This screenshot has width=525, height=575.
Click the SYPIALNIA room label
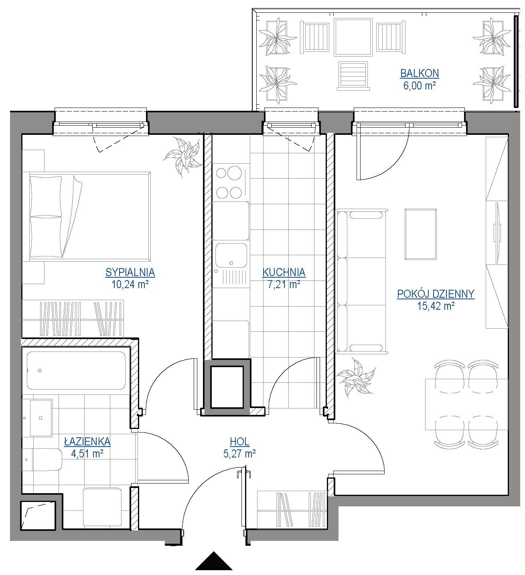coord(130,272)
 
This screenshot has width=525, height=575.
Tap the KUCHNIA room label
coord(284,272)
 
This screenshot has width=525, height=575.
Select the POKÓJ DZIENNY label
coord(436,294)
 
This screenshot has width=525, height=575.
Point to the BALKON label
coord(419,73)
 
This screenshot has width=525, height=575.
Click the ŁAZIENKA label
coord(87,441)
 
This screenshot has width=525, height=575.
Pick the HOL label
coord(239,442)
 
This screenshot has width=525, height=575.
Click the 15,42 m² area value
coord(436,307)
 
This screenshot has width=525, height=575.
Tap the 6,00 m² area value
coord(419,86)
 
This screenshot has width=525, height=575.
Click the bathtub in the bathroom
coord(76,370)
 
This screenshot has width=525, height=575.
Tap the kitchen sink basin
coord(231,254)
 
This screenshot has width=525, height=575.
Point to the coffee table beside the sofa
coord(420,234)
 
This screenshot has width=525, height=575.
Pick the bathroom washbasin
coord(41,418)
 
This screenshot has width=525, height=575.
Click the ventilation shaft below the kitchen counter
coord(227,387)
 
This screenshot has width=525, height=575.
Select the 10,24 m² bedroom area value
coord(130,284)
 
